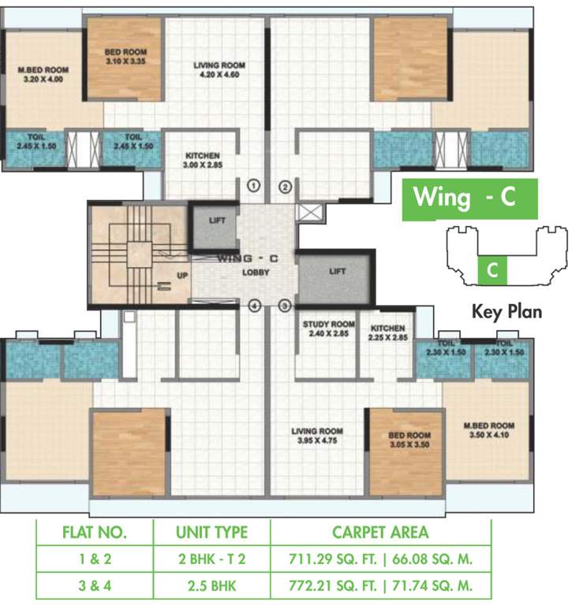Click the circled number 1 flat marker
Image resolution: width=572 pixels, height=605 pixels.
tap(254, 187)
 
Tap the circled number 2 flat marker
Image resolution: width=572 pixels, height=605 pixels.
tap(286, 187)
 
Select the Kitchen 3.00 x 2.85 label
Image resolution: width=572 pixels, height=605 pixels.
tap(203, 161)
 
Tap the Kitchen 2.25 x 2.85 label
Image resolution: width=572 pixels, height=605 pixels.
tap(387, 332)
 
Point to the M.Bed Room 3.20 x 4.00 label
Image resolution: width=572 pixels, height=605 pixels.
tap(43, 75)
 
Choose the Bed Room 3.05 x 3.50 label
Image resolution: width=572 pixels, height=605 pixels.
tap(409, 440)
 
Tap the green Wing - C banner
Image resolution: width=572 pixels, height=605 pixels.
tap(470, 199)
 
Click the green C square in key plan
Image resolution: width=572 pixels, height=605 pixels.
tap(492, 270)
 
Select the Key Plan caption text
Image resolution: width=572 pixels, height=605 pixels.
tap(506, 311)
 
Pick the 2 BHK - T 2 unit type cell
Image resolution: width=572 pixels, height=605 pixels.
tap(211, 559)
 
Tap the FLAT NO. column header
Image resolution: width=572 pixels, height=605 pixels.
tap(95, 533)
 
